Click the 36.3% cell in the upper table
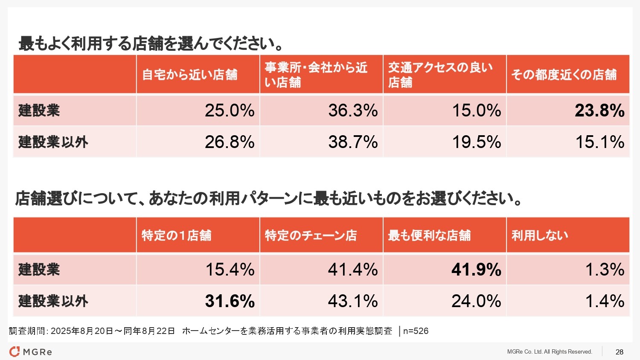click(353, 110)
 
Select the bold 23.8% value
click(599, 110)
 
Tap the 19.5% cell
click(477, 142)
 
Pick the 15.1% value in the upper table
click(600, 142)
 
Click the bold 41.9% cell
click(476, 270)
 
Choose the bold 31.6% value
click(230, 301)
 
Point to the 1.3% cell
click(605, 270)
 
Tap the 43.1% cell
click(353, 301)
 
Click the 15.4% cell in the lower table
click(230, 270)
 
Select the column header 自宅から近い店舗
click(189, 75)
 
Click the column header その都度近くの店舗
click(564, 75)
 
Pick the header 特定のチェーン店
click(311, 235)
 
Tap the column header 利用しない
click(540, 235)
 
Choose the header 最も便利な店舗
click(429, 235)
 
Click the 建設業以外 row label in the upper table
click(53, 142)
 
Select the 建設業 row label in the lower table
click(39, 270)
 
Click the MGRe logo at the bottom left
click(31, 352)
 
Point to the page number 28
click(620, 352)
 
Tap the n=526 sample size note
click(416, 331)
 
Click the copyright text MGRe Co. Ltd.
click(550, 352)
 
